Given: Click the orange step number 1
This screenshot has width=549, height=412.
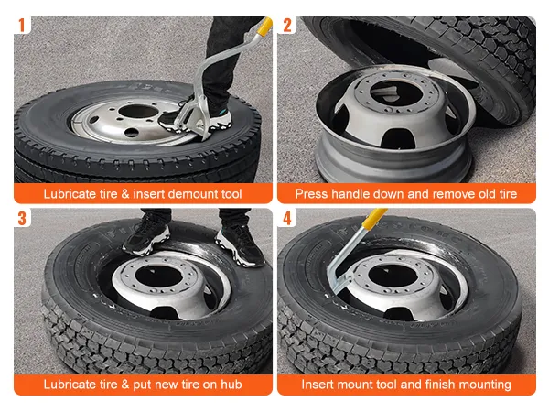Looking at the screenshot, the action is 22,26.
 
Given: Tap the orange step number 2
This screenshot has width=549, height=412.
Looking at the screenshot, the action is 287,26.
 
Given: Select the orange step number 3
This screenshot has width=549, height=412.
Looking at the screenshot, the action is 22,218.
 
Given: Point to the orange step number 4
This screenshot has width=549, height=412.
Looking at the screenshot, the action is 287,218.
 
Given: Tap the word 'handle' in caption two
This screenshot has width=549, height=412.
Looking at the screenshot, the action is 350,194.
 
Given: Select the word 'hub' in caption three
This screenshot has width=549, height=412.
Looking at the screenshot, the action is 231,385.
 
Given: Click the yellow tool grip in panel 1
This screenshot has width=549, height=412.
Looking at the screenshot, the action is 264,26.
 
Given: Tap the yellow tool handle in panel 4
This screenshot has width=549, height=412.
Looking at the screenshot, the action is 375,218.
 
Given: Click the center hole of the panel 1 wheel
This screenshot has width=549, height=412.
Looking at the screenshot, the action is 139,112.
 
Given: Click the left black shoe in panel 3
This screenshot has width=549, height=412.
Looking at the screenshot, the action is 147,237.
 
